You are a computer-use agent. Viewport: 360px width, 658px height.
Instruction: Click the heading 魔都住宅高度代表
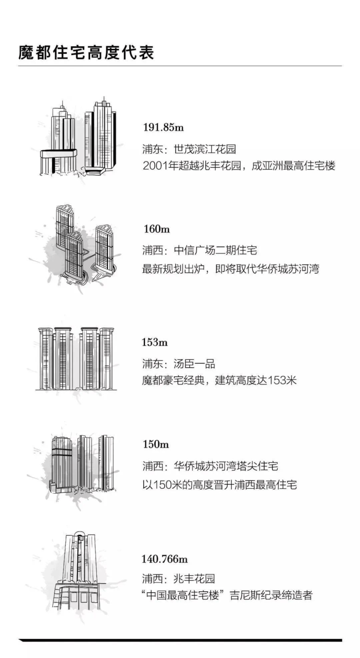(86, 53)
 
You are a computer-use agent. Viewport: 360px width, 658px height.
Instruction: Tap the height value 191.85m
(163, 127)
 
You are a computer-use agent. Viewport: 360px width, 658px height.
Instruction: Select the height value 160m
(157, 229)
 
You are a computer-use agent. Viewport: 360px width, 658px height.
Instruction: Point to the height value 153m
(155, 342)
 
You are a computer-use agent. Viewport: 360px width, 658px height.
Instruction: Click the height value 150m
(156, 444)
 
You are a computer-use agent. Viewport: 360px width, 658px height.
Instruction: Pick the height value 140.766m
(164, 558)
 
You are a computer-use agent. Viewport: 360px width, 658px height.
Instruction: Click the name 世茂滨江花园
(205, 149)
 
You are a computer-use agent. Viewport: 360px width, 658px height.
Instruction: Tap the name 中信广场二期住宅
(216, 250)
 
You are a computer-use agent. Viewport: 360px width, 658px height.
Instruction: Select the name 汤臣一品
(195, 364)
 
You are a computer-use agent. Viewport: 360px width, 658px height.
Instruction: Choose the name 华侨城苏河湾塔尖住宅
(226, 466)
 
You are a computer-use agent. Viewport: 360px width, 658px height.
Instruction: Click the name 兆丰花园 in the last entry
(195, 578)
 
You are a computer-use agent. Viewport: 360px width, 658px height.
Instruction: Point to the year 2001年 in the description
(157, 166)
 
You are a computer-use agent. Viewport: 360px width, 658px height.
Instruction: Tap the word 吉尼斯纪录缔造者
(271, 595)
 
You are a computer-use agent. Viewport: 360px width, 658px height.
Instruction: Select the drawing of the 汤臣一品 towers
(76, 358)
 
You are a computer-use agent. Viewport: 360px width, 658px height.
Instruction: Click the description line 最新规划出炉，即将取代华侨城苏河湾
(231, 269)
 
